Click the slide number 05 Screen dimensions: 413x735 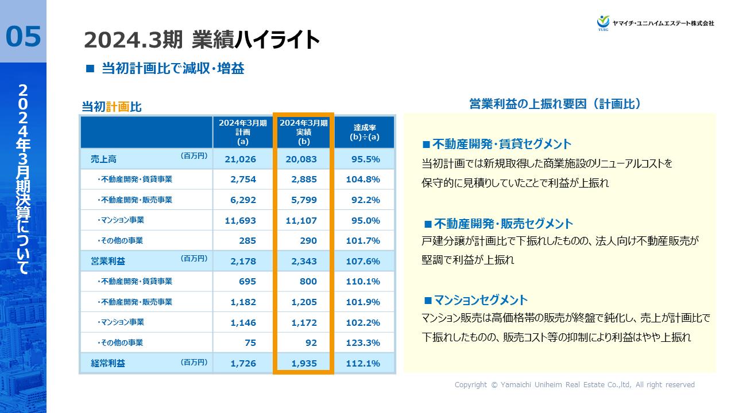(x=24, y=36)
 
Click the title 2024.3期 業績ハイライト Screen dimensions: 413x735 (x=202, y=40)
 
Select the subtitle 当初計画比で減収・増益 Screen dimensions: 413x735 (x=172, y=69)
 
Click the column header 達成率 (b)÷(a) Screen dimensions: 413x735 (x=365, y=132)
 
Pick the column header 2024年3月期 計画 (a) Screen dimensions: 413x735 (x=242, y=132)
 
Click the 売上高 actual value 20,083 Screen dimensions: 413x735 (x=303, y=159)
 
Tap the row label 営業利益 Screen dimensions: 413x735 (x=108, y=261)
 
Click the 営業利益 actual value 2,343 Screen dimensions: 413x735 (x=303, y=261)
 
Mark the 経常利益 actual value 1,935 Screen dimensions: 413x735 (x=303, y=363)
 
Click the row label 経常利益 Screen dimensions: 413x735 (x=108, y=363)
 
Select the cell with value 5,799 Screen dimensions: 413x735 (x=303, y=200)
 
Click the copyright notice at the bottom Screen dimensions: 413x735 (x=574, y=385)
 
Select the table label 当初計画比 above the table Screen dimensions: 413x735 (x=111, y=107)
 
